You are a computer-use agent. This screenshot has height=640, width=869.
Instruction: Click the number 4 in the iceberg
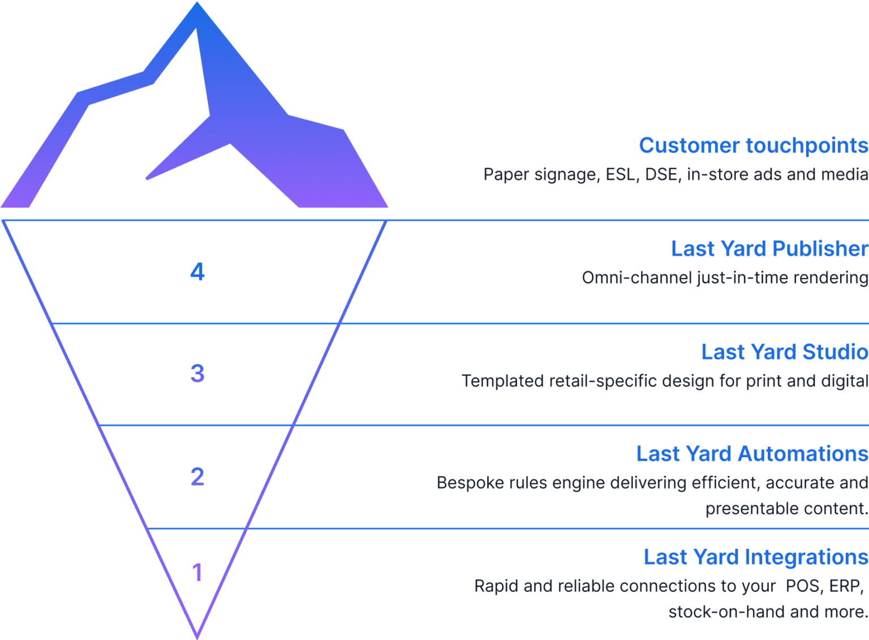pos(197,272)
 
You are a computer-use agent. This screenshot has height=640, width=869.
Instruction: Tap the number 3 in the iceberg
pos(197,373)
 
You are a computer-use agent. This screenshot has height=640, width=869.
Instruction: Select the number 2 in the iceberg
pos(197,477)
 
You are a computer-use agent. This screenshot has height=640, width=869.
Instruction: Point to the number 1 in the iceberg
pos(197,573)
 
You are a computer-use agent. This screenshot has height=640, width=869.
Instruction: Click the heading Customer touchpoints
pos(753,146)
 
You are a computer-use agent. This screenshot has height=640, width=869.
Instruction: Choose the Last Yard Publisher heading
pos(769,249)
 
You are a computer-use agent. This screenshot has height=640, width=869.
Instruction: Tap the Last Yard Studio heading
pos(784,352)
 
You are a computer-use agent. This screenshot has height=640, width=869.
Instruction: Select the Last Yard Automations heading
pos(752,454)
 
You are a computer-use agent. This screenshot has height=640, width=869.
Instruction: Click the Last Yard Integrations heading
pos(755,557)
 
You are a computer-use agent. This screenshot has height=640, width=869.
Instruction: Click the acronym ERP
pos(845,586)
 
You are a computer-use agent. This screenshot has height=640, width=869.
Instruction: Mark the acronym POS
pos(802,586)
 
